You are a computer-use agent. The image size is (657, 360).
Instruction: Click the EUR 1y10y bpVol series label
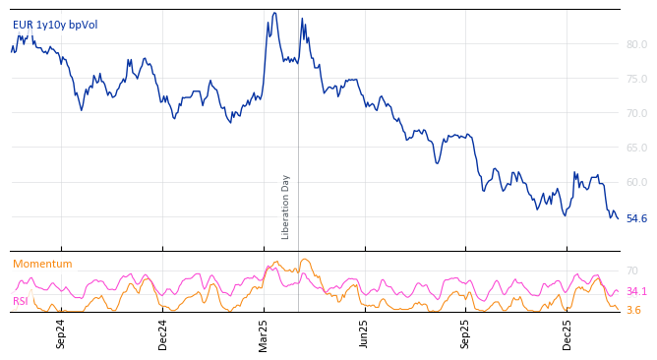[55, 25]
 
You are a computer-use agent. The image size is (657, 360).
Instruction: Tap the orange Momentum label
[42, 264]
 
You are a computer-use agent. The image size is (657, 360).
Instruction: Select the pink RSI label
[20, 301]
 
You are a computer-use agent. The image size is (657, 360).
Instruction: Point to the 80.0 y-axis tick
[636, 44]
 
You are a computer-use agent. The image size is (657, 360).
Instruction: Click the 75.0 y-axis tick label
[636, 79]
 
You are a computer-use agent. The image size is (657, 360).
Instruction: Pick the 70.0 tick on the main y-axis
[636, 113]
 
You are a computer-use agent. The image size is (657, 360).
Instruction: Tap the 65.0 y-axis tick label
[636, 148]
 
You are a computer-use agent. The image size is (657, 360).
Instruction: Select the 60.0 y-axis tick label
[636, 182]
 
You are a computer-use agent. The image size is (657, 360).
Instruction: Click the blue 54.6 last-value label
[636, 218]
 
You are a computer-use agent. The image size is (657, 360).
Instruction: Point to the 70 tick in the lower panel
[631, 270]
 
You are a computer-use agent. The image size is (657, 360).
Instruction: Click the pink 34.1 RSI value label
[635, 291]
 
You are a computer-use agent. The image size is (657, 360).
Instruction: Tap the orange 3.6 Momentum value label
[632, 310]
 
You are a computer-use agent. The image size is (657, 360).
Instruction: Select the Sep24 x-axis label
[61, 333]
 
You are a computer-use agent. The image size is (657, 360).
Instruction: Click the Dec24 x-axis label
[163, 333]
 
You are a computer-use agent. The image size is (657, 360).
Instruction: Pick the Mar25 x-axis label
[264, 333]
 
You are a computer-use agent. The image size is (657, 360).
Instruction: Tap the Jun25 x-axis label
[364, 333]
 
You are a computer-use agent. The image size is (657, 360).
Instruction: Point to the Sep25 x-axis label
[465, 333]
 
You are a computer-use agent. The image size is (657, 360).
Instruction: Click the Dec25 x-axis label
[567, 333]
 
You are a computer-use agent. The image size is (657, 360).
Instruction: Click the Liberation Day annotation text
[286, 207]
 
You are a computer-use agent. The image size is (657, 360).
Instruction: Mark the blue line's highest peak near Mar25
[274, 13]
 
